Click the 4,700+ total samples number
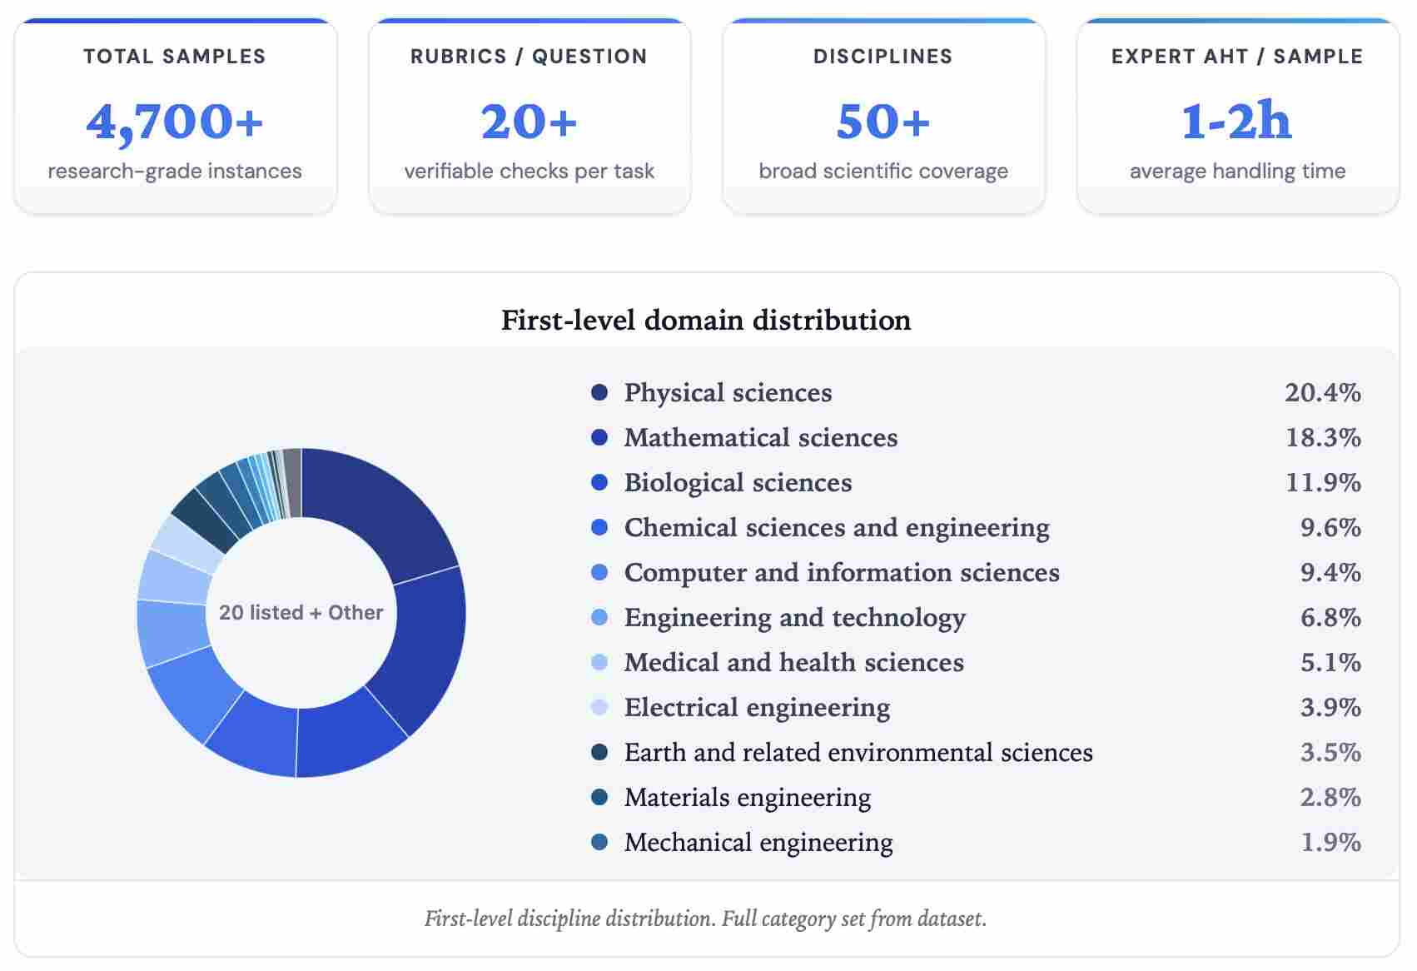pos(175,122)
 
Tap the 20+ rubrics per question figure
pos(529,122)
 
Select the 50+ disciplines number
pos(883,122)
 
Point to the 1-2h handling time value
pos(1236,122)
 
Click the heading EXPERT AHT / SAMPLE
pos(1236,57)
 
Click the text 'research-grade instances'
pos(175,171)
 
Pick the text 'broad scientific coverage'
pos(883,171)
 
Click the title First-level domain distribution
pos(706,320)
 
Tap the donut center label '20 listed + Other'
pos(301,612)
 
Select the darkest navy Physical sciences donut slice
pos(375,508)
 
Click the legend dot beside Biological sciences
pos(599,482)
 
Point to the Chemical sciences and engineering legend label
pos(836,527)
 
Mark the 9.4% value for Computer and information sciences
pos(1330,572)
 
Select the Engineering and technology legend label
pos(794,617)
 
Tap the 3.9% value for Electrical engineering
pos(1330,707)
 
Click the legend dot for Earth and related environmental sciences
pos(599,752)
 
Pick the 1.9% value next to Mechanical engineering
pos(1330,842)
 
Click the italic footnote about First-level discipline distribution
pos(706,919)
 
